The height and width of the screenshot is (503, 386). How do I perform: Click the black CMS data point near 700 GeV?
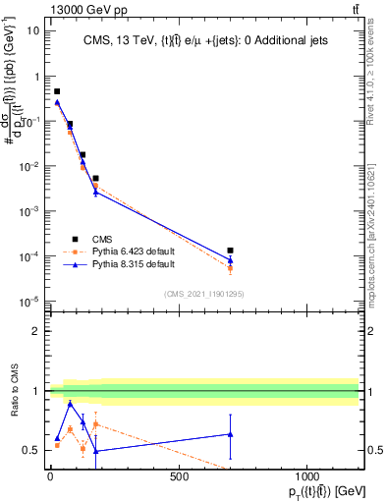point(230,251)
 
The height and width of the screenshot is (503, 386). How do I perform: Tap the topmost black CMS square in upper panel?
point(57,91)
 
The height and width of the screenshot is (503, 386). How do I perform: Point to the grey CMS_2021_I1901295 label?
point(203,294)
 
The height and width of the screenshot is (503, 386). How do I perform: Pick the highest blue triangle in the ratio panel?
point(70,404)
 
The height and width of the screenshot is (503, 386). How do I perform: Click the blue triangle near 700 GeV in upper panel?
point(230,260)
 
